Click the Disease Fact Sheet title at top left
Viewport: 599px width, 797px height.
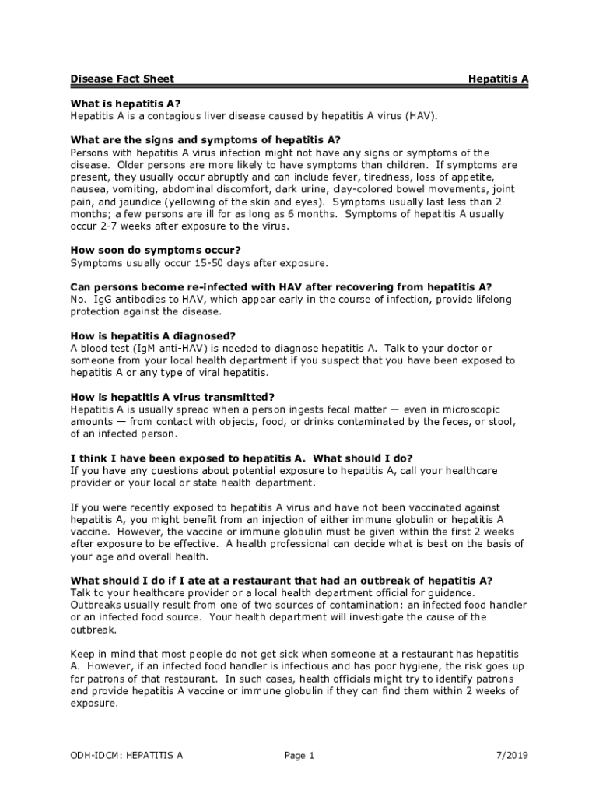[122, 79]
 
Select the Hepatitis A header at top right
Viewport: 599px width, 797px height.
[498, 79]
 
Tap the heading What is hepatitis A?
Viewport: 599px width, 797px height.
[125, 104]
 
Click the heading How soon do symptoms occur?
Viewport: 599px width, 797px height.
[155, 250]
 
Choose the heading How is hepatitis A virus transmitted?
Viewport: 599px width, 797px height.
[172, 397]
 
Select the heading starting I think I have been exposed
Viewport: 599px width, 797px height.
[241, 458]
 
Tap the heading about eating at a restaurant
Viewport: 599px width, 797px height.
[281, 580]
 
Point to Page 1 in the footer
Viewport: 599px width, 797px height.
[299, 755]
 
